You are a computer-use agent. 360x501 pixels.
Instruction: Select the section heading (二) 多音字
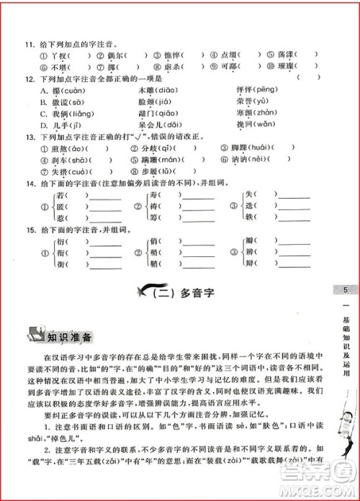point(180,292)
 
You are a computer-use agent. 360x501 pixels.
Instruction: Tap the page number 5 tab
point(346,290)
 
